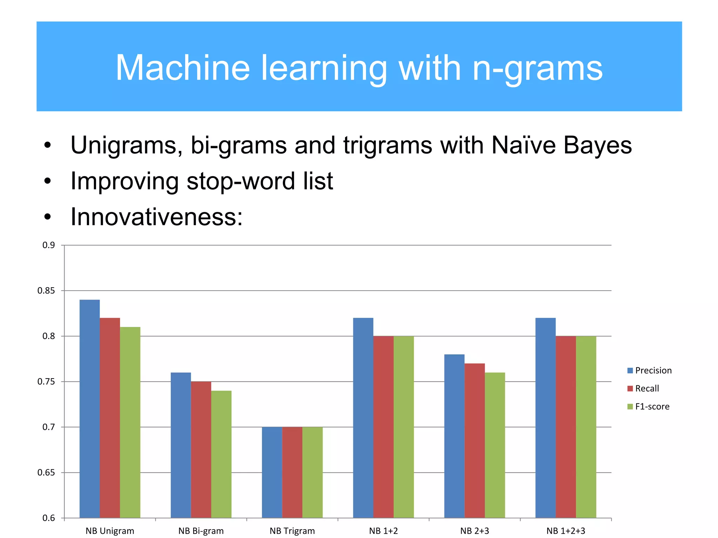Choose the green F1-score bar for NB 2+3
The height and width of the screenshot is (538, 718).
(495, 445)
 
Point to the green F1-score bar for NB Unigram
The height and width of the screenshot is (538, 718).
(130, 422)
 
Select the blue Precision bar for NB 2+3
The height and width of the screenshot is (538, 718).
(454, 436)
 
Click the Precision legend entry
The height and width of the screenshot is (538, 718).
(649, 371)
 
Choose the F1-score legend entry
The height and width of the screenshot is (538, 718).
(648, 407)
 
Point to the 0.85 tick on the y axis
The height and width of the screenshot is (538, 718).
(46, 291)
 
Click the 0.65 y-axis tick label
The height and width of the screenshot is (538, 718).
(46, 473)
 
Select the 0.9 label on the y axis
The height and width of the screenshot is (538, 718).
(49, 245)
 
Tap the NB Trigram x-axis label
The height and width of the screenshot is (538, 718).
(292, 531)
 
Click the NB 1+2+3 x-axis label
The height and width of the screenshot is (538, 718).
(565, 531)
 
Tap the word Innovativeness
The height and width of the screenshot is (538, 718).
(156, 217)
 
